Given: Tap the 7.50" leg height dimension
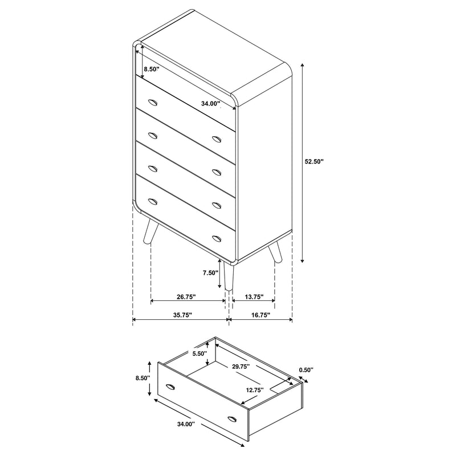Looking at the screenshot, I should pyautogui.click(x=210, y=272).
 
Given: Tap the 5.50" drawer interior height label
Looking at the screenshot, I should pyautogui.click(x=200, y=353).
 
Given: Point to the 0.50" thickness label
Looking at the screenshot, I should pyautogui.click(x=306, y=370).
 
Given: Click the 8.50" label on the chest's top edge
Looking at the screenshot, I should pyautogui.click(x=152, y=69).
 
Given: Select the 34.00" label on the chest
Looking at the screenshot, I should pyautogui.click(x=210, y=104).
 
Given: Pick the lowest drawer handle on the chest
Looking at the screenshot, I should pyautogui.click(x=216, y=237).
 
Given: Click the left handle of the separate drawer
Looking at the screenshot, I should pyautogui.click(x=170, y=389).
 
